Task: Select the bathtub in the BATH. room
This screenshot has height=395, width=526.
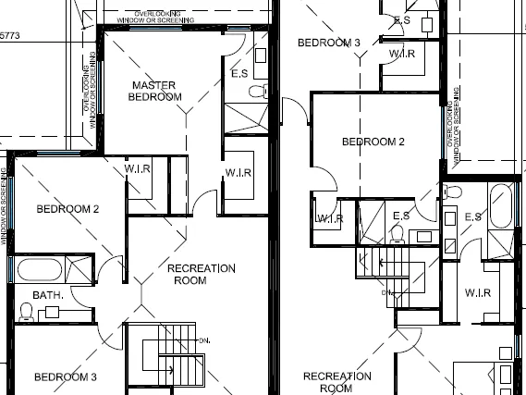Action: (38, 272)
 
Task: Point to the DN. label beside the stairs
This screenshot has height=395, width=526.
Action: (203, 340)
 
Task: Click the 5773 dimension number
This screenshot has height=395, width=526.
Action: (9, 35)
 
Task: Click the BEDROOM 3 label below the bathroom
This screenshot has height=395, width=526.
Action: (65, 376)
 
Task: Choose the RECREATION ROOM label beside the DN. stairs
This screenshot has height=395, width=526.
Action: (202, 274)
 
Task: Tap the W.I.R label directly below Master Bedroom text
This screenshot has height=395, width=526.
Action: (138, 168)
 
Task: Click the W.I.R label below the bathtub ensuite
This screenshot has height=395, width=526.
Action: (478, 292)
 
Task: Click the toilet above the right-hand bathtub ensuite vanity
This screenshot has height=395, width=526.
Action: (451, 191)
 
